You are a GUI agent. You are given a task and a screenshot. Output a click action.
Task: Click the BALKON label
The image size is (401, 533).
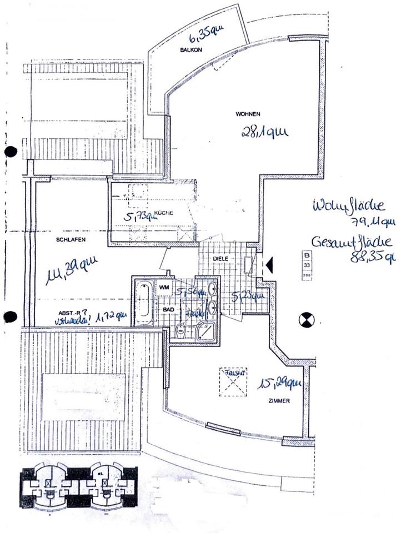coord(189,50)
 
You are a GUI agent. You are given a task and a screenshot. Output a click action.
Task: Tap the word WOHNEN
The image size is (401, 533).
coord(248,114)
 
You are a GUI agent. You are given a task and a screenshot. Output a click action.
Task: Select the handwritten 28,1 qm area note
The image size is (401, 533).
coord(263,132)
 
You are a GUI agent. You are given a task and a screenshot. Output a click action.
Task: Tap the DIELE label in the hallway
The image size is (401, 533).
coord(222,259)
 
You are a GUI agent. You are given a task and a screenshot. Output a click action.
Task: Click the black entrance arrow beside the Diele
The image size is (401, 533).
coord(269,265)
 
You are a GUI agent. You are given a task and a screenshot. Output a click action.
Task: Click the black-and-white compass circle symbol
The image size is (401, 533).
coord(306,319)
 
